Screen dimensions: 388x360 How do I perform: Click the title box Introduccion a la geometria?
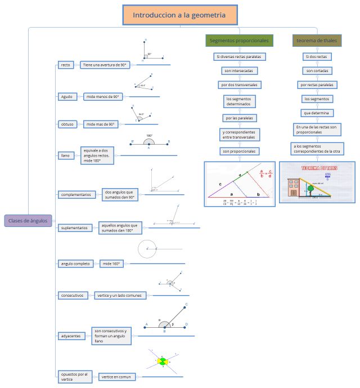coord(179,15)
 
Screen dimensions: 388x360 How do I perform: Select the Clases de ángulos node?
coord(28,221)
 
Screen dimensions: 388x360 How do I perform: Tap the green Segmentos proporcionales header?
coord(239,41)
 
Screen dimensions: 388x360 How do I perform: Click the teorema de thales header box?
coord(317,41)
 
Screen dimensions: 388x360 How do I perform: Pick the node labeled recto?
coord(65,65)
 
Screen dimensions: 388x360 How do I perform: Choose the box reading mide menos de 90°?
coord(103,96)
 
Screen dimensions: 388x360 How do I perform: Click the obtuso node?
coord(66,124)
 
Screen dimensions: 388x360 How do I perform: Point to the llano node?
coord(65,155)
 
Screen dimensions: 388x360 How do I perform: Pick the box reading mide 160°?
coord(111,264)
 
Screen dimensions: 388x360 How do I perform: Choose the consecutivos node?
coord(73,295)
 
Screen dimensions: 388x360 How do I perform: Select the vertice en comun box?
coord(116,377)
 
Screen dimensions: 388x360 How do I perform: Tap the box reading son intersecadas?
coord(239,70)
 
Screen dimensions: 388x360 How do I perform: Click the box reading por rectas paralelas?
coord(317,84)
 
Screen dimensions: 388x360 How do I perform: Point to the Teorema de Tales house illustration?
coord(317,182)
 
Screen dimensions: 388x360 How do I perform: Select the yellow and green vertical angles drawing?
coord(163,361)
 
